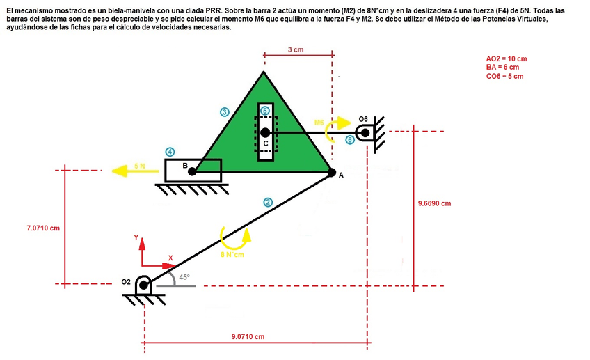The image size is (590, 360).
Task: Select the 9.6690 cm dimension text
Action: click(434, 203)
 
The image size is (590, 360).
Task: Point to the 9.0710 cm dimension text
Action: click(248, 336)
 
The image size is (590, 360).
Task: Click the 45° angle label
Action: click(184, 276)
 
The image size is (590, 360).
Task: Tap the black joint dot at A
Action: click(332, 172)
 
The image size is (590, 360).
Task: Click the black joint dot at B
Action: click(193, 171)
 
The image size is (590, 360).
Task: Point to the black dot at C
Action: click(264, 132)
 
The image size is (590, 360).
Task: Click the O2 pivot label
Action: click(125, 282)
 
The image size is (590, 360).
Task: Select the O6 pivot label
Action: click(363, 119)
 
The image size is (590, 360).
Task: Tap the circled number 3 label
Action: click(224, 111)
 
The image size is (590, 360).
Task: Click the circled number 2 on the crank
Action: click(268, 203)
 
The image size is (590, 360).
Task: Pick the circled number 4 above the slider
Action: click(170, 152)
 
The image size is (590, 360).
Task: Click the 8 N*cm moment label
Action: click(232, 255)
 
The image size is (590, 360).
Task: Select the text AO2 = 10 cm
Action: click(506, 58)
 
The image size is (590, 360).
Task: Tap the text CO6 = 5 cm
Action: click(504, 76)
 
